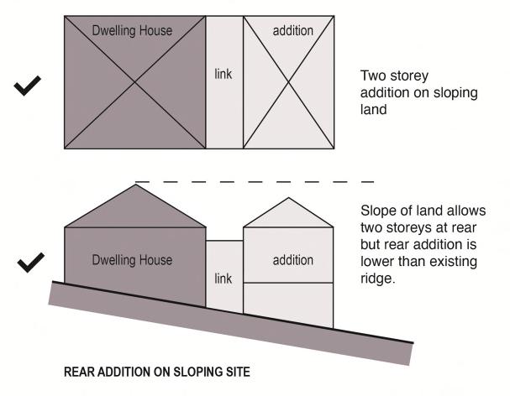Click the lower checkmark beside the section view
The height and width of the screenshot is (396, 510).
[x=30, y=266]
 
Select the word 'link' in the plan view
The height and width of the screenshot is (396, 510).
[x=223, y=75]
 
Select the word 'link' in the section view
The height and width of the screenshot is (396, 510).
[x=223, y=279]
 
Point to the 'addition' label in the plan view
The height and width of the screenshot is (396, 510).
[x=293, y=31]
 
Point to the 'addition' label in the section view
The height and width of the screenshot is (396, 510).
[x=293, y=260]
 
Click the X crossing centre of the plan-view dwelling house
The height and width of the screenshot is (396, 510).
[x=134, y=81]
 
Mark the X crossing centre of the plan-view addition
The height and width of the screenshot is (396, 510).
[x=289, y=81]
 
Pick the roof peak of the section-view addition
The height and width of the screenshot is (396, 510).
[x=288, y=198]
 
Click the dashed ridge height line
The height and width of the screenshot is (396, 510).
[x=252, y=181]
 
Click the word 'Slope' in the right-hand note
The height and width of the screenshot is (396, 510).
[x=376, y=209]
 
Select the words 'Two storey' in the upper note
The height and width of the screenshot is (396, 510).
[x=389, y=74]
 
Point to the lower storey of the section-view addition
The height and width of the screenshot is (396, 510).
[x=288, y=305]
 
